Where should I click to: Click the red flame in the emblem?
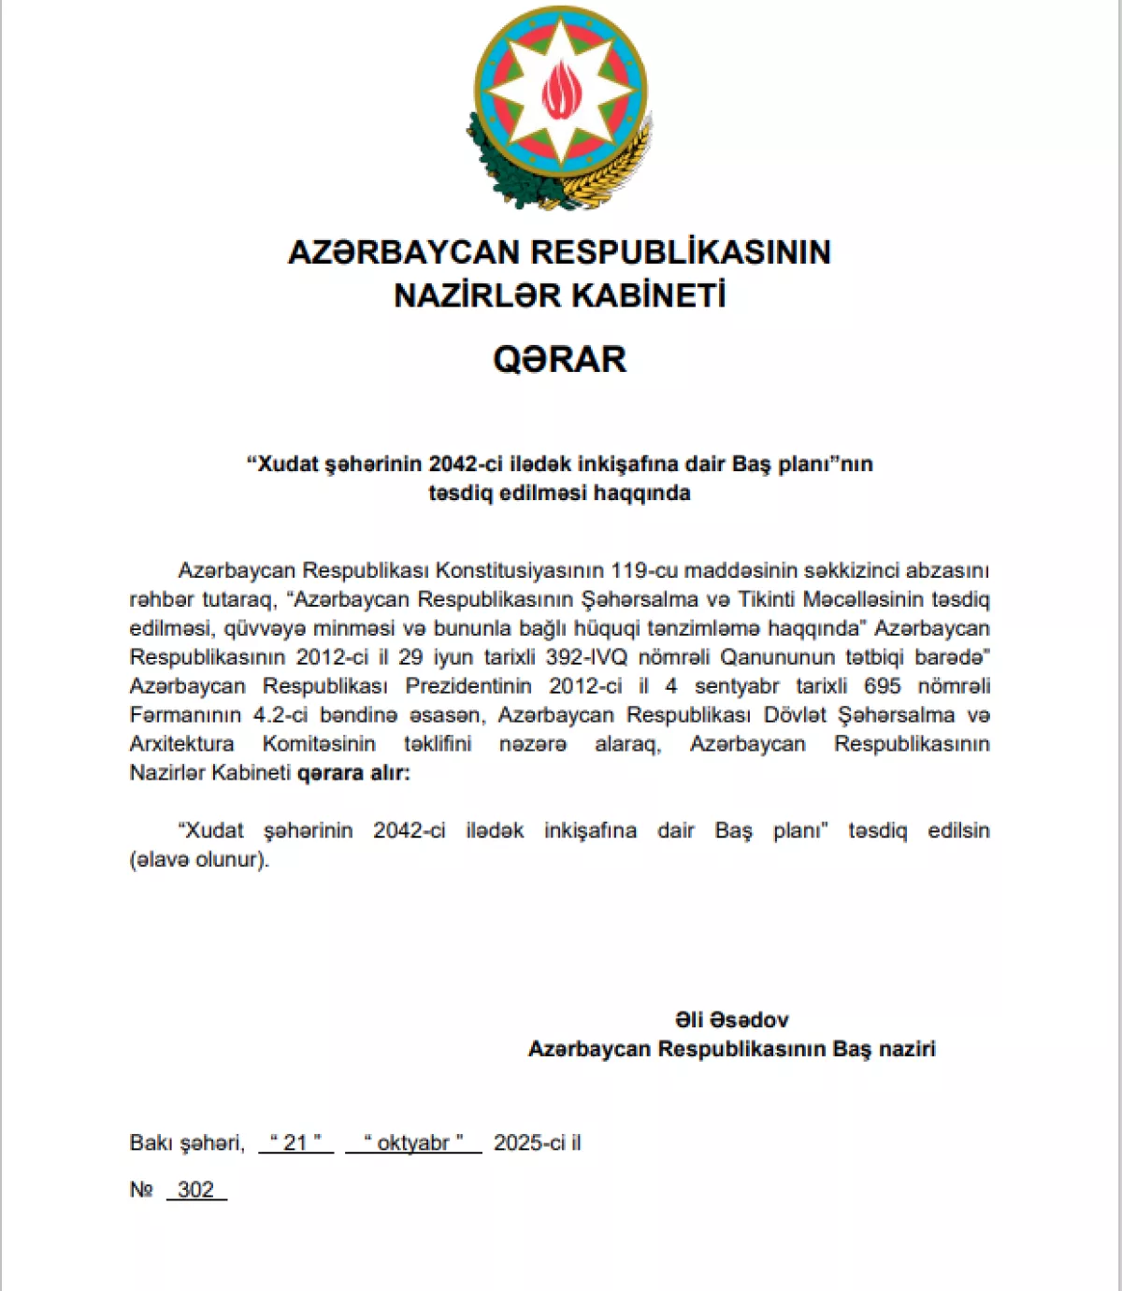(561, 91)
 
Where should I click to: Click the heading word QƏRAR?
(559, 360)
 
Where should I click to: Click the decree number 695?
(882, 686)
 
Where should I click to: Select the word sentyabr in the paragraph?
(736, 686)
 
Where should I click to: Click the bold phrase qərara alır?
(353, 773)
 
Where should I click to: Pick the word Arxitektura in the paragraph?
(182, 744)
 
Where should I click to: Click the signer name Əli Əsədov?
(731, 1020)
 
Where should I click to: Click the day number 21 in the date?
(295, 1142)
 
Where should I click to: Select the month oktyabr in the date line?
(413, 1142)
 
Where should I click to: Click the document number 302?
(195, 1189)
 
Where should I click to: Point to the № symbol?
(141, 1189)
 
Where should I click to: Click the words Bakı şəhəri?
(186, 1142)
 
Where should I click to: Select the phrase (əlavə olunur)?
(199, 860)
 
